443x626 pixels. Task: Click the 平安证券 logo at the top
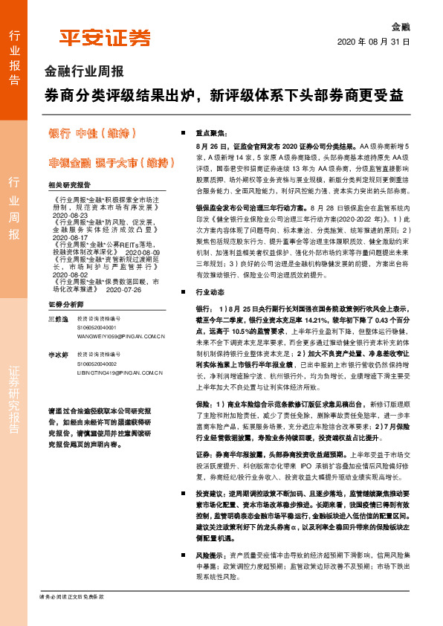coord(105,38)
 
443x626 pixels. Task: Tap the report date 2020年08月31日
coord(373,42)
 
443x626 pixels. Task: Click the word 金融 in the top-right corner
coord(400,25)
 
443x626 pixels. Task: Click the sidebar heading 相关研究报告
coord(68,184)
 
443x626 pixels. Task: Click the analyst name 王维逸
coord(58,318)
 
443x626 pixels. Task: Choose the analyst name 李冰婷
coord(58,356)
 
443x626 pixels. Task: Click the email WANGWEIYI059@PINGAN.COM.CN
coord(120,336)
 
